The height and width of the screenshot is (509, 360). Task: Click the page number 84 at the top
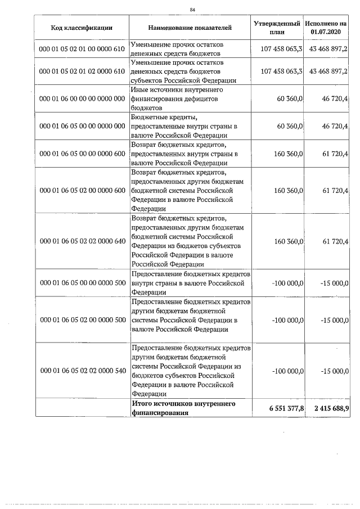(x=192, y=10)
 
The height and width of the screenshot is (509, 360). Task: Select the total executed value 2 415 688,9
(x=327, y=408)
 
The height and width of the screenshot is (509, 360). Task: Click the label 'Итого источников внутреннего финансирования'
(x=183, y=408)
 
